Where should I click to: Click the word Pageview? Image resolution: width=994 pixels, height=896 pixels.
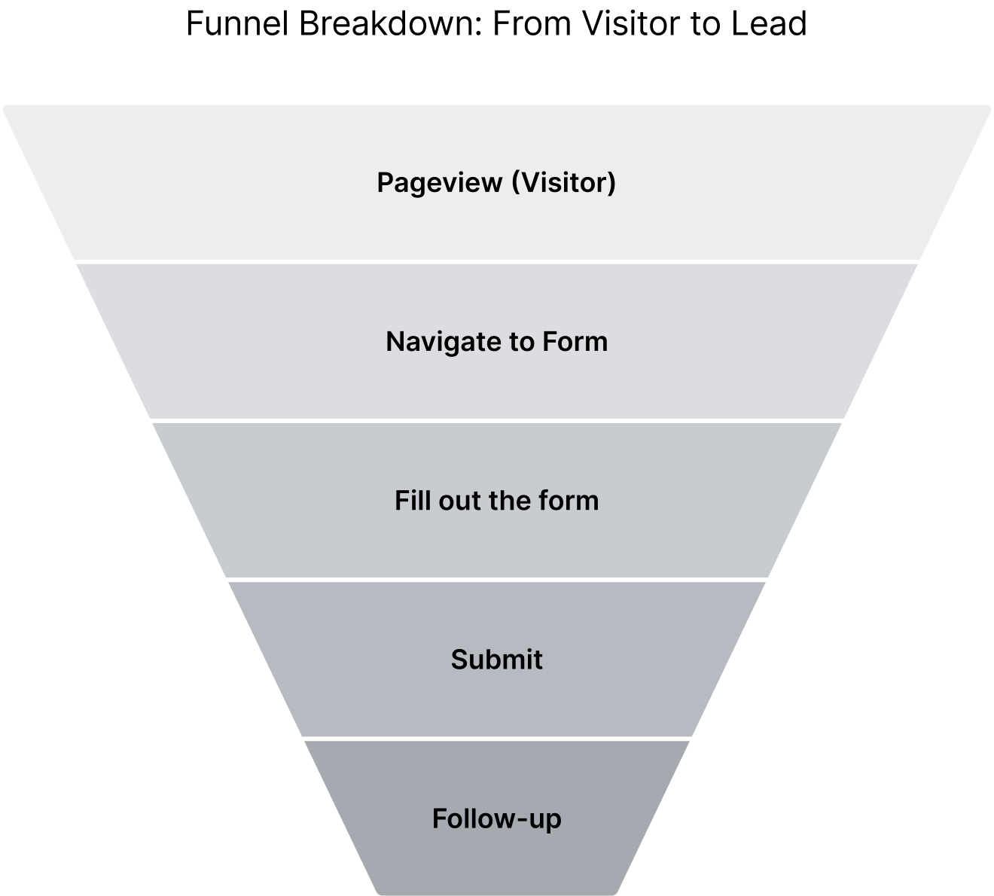coord(440,183)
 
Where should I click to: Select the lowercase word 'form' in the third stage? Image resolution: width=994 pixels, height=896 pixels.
coord(570,501)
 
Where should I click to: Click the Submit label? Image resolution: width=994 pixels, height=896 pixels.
coord(496,660)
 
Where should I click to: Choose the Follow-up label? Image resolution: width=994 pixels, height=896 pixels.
coord(496,818)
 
